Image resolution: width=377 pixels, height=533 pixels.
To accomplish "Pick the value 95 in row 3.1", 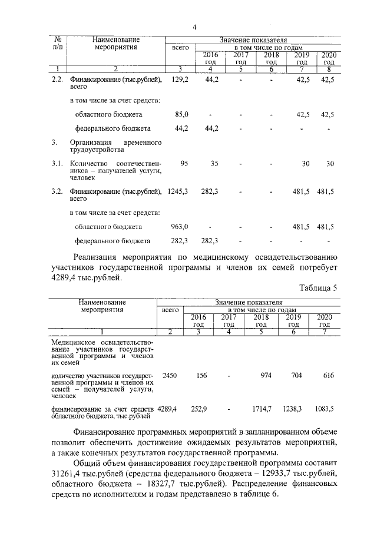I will point(184,163).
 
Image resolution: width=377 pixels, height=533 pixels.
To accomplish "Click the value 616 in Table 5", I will point(328,375).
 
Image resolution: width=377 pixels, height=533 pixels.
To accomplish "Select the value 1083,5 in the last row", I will point(323,408).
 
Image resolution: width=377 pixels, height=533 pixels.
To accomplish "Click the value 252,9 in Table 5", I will point(201,408).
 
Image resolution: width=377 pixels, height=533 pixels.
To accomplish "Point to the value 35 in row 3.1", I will point(214,163).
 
